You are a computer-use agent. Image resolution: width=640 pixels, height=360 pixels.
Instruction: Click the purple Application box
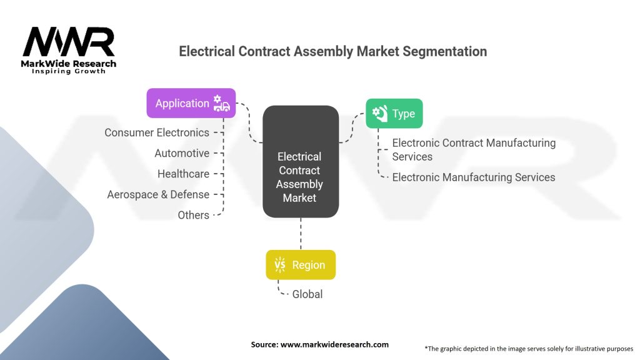191,103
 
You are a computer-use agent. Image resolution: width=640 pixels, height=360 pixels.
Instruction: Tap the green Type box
394,114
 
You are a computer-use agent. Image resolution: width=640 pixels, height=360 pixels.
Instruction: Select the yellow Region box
300,265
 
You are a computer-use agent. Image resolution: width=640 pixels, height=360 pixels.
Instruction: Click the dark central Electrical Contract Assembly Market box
301,162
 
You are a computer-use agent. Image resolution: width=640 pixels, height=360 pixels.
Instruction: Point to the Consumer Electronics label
157,132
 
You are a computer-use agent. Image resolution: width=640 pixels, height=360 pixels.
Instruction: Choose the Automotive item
182,153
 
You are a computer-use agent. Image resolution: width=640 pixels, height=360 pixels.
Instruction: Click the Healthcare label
183,174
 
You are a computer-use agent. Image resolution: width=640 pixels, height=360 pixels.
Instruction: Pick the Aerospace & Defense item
158,194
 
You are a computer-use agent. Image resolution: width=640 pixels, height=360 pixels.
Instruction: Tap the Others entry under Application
193,215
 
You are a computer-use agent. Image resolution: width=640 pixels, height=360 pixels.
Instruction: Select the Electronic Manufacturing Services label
473,177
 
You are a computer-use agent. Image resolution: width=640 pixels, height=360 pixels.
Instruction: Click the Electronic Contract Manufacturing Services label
473,149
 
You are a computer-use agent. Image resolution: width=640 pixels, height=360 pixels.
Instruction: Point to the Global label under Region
307,294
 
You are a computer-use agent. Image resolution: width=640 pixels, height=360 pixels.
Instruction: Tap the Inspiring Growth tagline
69,71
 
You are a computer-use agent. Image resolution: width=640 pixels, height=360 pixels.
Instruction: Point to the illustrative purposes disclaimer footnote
529,348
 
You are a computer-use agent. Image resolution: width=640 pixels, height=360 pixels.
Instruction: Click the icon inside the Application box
221,104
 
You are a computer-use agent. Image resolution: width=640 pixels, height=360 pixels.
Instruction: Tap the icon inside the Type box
379,113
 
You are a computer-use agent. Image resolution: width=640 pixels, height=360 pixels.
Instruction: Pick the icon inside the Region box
280,265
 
